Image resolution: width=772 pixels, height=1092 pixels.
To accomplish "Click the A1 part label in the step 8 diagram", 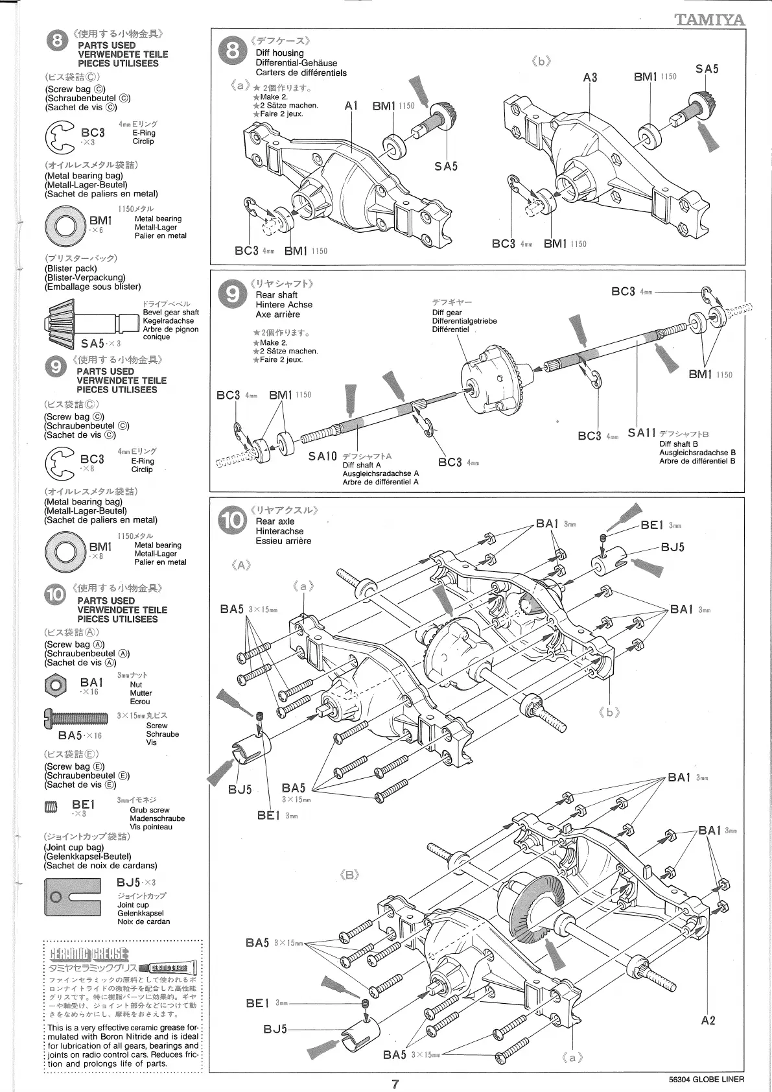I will [x=351, y=106].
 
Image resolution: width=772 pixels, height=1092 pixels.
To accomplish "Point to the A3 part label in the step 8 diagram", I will [x=590, y=77].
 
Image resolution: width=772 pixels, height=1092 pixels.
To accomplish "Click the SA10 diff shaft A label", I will [x=323, y=457].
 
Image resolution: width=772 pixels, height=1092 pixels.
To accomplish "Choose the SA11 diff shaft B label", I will [x=642, y=433].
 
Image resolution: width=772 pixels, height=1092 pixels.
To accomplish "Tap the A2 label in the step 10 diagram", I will [x=708, y=1021].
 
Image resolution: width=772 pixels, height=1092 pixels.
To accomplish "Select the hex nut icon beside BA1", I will [x=56, y=683].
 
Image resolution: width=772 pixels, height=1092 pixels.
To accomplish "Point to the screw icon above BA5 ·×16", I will [x=75, y=717].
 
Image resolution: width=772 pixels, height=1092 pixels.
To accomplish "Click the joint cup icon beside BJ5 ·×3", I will [x=72, y=897].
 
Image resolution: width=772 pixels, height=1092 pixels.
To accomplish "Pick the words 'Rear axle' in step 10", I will [x=275, y=521].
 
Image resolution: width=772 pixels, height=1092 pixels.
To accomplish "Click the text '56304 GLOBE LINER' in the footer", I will [x=707, y=1080].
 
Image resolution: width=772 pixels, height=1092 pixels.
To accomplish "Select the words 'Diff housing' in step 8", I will [x=279, y=53].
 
